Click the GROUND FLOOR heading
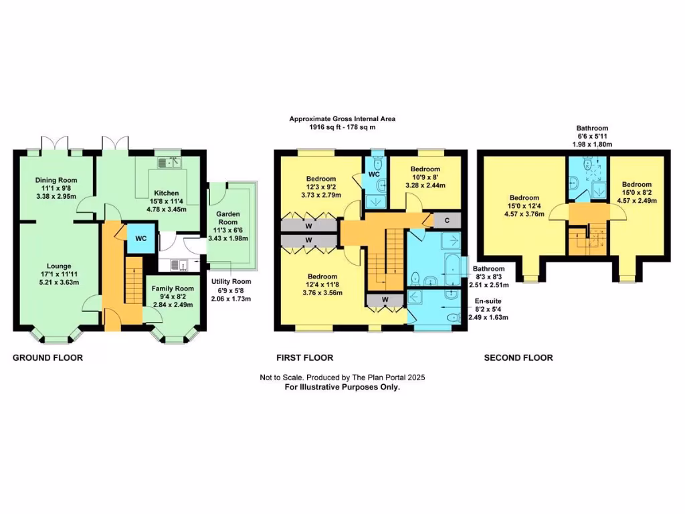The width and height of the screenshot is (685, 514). (x=48, y=358)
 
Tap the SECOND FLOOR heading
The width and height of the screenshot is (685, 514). (x=518, y=358)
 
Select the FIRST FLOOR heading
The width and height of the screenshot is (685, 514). (x=305, y=358)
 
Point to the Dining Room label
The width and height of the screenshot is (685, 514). (x=56, y=180)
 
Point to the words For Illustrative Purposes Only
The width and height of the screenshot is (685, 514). (x=342, y=387)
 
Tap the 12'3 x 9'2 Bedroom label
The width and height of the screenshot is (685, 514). (x=321, y=179)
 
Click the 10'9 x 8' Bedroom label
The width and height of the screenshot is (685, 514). (x=425, y=169)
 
